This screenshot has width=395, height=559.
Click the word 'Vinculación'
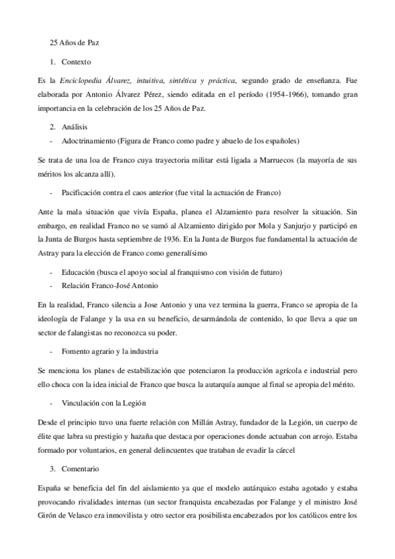82,402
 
